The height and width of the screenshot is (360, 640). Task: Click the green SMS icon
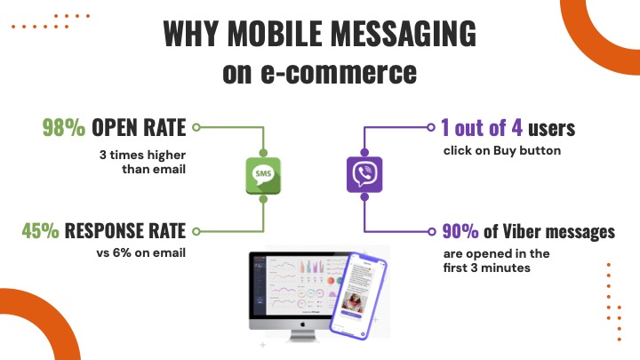tap(263, 175)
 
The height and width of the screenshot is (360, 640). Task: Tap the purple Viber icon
tap(364, 174)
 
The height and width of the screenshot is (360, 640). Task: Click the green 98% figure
tap(64, 127)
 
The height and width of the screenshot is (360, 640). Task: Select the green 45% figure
tap(40, 230)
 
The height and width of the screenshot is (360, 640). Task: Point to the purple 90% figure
tap(460, 231)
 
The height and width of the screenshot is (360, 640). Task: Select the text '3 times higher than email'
tap(142, 162)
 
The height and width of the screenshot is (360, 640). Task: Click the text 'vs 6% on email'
tap(141, 253)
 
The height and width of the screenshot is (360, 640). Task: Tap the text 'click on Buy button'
tap(502, 150)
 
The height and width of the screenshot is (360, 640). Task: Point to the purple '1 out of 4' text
tap(482, 128)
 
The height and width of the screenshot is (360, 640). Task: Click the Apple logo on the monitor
tap(302, 324)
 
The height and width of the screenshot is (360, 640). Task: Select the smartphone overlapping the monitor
tap(358, 295)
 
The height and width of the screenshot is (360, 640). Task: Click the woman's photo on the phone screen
tap(355, 301)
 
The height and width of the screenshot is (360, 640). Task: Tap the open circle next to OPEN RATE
tap(196, 127)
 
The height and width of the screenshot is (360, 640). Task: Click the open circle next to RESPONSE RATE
tap(196, 231)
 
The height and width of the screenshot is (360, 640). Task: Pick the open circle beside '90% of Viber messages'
tap(432, 232)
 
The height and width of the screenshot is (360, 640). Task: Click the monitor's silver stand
tap(302, 335)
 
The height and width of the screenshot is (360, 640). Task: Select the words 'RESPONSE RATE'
tap(125, 230)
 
